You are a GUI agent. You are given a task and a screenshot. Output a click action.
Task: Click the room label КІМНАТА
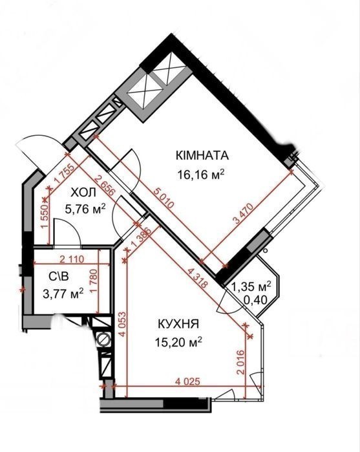202,156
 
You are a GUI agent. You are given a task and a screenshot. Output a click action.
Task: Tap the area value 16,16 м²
201,174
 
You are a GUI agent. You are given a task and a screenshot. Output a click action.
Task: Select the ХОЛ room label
83,192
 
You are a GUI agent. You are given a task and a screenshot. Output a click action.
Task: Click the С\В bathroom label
59,277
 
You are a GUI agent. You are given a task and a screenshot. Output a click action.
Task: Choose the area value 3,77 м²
63,294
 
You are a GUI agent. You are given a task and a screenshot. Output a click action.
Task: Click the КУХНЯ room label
178,324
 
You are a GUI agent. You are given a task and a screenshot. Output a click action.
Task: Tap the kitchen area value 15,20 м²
178,342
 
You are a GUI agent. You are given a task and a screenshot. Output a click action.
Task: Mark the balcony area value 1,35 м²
251,286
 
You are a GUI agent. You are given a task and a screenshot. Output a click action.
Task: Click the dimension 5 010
164,197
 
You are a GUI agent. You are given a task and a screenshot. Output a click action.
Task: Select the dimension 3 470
244,213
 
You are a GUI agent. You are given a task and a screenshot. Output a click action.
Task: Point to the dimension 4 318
197,278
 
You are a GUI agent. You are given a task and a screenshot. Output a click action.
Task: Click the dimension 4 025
187,382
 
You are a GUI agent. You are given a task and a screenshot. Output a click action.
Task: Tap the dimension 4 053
122,324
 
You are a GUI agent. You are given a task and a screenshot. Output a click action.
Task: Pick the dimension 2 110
72,259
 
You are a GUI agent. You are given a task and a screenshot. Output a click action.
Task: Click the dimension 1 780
94,281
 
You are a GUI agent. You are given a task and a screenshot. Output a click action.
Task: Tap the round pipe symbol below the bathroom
103,339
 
